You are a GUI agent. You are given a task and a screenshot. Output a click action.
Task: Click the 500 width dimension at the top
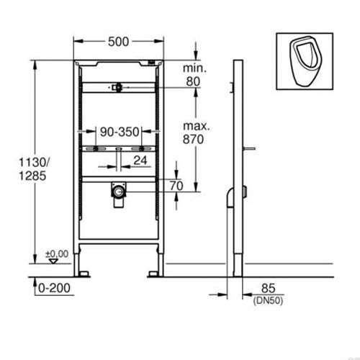(120, 42)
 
